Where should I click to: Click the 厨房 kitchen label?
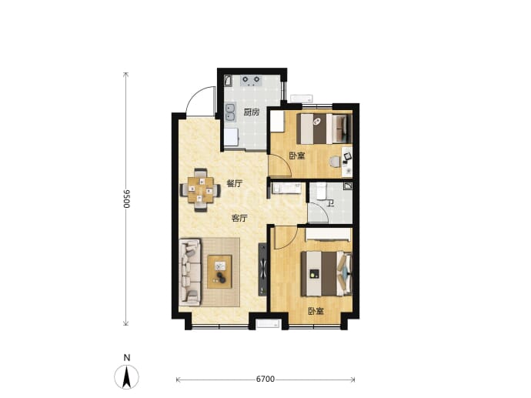(x=252, y=112)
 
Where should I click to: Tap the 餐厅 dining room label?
(x=235, y=184)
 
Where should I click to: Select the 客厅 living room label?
(x=239, y=219)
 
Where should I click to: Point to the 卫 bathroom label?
(x=331, y=203)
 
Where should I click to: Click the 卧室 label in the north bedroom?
(x=297, y=156)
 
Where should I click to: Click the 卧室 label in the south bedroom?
(x=316, y=311)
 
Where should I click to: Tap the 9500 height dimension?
(x=126, y=199)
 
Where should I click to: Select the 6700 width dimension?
(x=265, y=379)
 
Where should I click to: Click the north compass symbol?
(x=126, y=376)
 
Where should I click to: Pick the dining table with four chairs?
(x=201, y=190)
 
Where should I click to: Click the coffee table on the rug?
(x=219, y=272)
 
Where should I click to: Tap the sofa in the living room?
(x=190, y=270)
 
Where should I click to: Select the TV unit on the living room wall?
(x=262, y=269)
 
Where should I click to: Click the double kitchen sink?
(x=230, y=112)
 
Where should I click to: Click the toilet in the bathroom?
(x=320, y=192)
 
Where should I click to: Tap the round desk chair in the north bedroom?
(x=335, y=162)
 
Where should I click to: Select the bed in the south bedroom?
(x=327, y=273)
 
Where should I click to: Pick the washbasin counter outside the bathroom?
(x=286, y=189)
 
